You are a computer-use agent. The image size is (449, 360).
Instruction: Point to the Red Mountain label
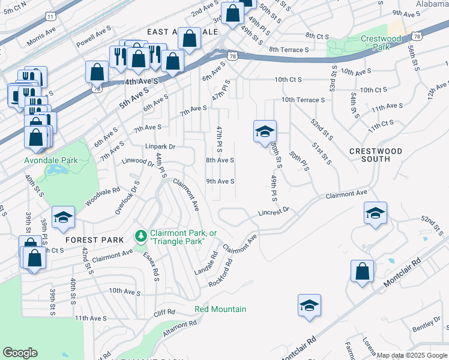[220, 309]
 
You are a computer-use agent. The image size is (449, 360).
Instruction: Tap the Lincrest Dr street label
[274, 212]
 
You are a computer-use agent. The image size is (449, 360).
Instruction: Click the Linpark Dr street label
[160, 146]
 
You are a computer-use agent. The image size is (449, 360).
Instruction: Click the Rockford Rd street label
[220, 272]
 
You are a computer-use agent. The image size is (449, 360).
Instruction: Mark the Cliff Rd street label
[164, 312]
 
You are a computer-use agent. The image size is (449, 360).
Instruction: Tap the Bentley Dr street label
[426, 328]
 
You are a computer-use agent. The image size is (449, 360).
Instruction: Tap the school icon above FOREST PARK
[63, 218]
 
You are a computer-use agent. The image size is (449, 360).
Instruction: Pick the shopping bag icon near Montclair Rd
[363, 271]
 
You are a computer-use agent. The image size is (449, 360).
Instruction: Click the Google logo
[20, 353]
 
